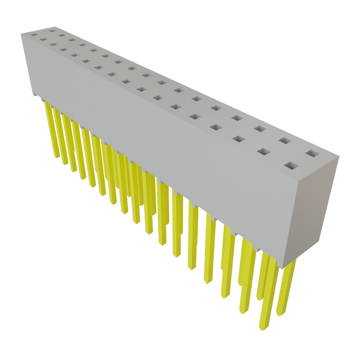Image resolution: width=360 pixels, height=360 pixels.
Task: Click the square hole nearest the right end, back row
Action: pyautogui.click(x=311, y=154)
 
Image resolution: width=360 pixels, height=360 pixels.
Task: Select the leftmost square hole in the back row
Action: pyautogui.click(x=52, y=31)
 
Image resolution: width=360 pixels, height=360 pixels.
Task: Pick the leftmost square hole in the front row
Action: pyautogui.click(x=34, y=35)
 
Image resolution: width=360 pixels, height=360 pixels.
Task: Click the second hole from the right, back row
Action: pyautogui.click(x=285, y=141)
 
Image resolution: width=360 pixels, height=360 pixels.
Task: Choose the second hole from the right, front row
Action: pyautogui.click(x=263, y=152)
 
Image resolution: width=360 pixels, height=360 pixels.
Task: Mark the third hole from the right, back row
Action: pyautogui.click(x=260, y=129)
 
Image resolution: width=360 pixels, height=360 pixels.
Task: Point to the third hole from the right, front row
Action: pyautogui.click(x=238, y=139)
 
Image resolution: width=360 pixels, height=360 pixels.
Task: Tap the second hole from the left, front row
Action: pyautogui.click(x=43, y=39)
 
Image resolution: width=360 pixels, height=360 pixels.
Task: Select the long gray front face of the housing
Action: pyautogui.click(x=158, y=141)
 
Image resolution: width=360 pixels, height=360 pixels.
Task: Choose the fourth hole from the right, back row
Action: pyautogui.click(x=237, y=118)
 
